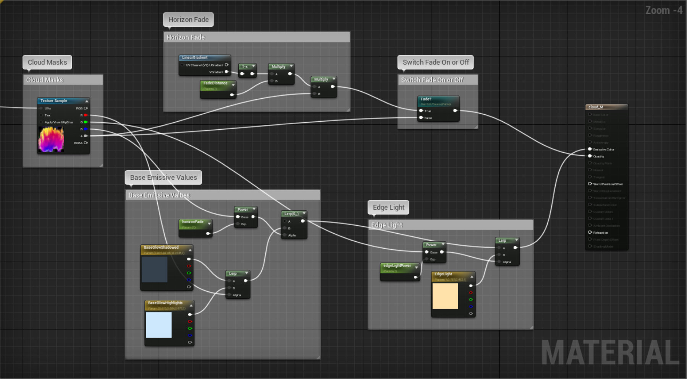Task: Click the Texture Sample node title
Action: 54,101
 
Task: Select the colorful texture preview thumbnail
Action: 51,140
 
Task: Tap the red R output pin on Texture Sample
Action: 86,115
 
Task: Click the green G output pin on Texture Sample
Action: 86,122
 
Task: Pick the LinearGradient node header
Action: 195,57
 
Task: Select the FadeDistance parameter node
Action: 215,83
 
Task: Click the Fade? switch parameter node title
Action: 426,99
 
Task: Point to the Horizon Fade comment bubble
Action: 188,20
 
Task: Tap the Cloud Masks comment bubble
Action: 47,62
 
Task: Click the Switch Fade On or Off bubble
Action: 436,62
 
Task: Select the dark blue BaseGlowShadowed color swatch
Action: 154,269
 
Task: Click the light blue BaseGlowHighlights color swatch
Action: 158,325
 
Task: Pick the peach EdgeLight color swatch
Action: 445,296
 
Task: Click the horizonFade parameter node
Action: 193,222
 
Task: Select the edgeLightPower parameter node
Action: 397,265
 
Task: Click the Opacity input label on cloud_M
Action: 599,156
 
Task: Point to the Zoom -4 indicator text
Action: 664,10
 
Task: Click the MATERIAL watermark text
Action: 610,353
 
